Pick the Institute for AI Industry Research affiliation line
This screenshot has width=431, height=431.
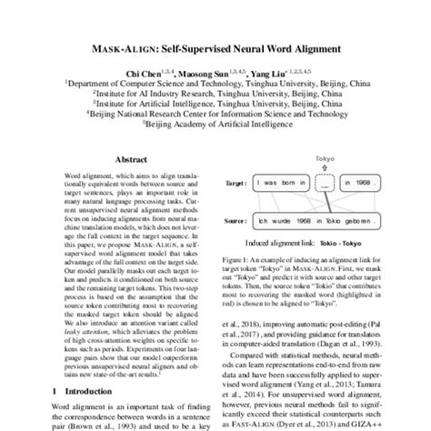pos(215,92)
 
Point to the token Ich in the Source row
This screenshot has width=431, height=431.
pos(264,222)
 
